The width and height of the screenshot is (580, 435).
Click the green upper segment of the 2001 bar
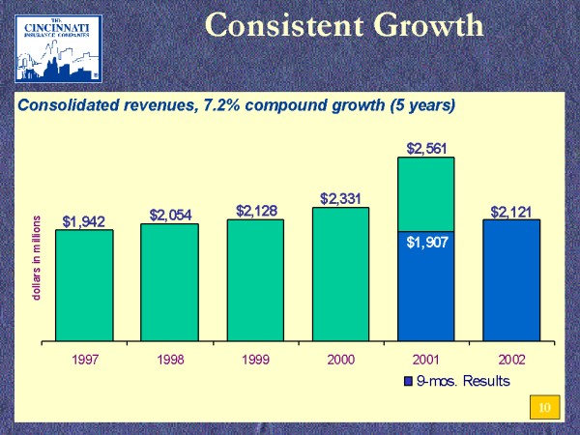click(x=426, y=193)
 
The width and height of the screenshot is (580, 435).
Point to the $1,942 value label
click(x=83, y=221)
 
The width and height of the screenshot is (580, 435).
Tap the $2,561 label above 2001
click(x=426, y=149)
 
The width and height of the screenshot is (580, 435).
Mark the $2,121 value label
click(x=511, y=211)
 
